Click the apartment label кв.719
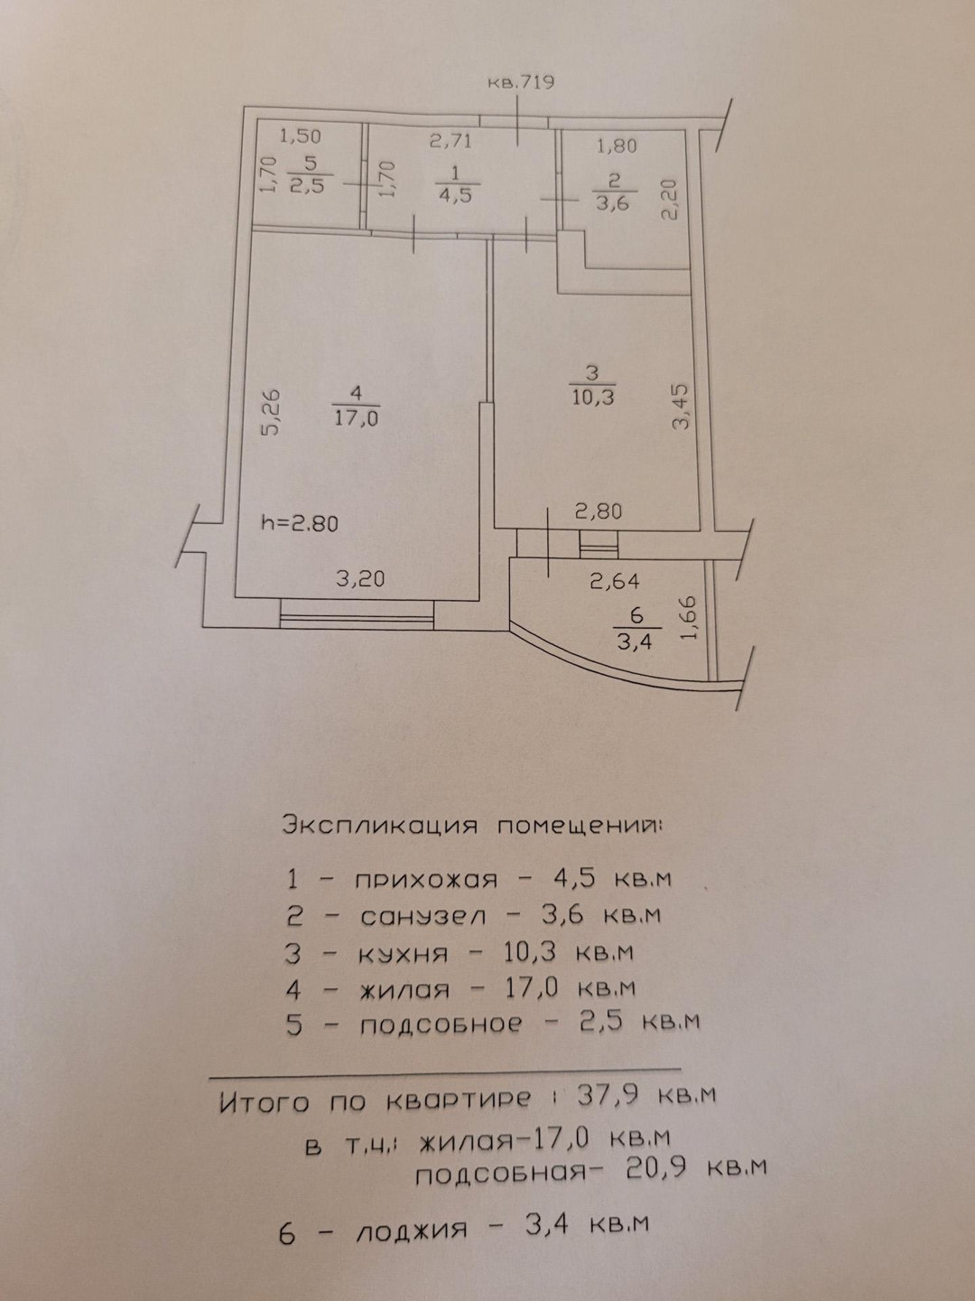tap(520, 82)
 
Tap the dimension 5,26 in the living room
tap(270, 413)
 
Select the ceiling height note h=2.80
tap(299, 522)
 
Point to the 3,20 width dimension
tap(359, 579)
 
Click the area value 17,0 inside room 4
tap(356, 418)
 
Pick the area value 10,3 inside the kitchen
tap(592, 396)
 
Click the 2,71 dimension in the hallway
tap(450, 140)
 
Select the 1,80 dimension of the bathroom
tap(617, 145)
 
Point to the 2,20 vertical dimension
tap(670, 200)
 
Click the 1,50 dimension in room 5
tap(301, 137)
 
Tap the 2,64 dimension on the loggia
tap(615, 583)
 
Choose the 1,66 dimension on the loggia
tap(691, 617)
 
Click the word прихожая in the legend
tap(426, 879)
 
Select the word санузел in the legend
tap(422, 916)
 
